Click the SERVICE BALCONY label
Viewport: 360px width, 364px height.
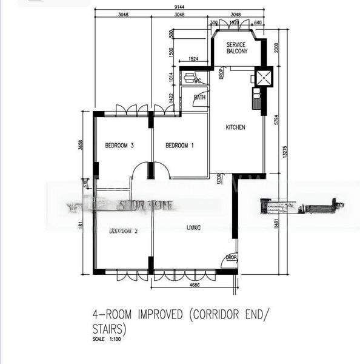[237, 49]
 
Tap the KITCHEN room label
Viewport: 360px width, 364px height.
[235, 127]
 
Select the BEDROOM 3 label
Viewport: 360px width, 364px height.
[119, 145]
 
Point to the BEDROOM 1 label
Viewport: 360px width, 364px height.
[179, 145]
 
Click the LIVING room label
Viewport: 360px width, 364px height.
[194, 227]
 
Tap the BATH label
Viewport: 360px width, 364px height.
[199, 97]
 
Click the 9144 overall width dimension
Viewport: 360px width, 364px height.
[179, 7]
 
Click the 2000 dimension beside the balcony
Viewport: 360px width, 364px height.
[276, 48]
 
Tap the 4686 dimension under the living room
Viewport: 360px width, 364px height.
[195, 284]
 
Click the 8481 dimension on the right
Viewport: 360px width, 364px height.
[276, 224]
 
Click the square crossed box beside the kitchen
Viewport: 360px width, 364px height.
[264, 77]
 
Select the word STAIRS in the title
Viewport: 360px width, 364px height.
[108, 330]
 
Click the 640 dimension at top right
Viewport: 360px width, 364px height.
[258, 23]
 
